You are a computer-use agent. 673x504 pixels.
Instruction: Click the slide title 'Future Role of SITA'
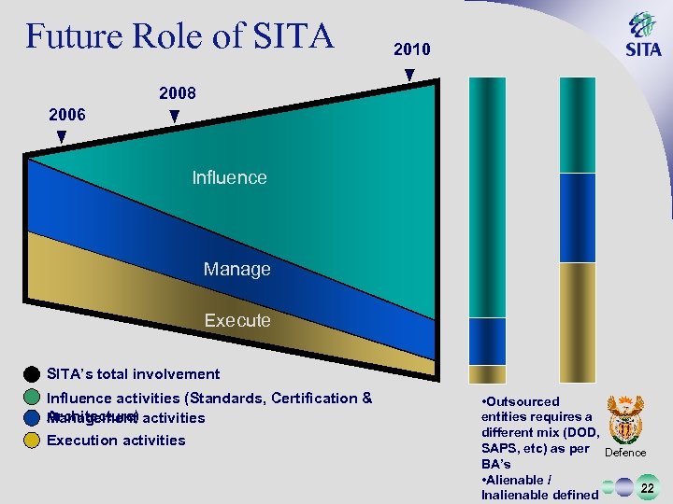[x=179, y=36]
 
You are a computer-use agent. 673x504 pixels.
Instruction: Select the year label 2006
[x=67, y=115]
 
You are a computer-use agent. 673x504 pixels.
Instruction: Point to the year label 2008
[x=178, y=94]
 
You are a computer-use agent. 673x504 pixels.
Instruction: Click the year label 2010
[x=411, y=49]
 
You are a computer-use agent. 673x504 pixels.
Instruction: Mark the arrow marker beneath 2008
[x=174, y=117]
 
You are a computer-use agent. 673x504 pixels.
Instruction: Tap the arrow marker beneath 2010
[x=409, y=75]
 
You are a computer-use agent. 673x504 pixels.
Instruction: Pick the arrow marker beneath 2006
[x=62, y=137]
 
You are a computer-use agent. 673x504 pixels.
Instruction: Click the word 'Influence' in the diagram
[x=229, y=177]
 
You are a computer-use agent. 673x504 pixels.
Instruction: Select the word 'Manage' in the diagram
[x=236, y=269]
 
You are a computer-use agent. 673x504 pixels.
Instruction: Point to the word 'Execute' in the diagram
[x=237, y=320]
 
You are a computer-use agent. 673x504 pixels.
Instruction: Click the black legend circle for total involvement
[x=32, y=374]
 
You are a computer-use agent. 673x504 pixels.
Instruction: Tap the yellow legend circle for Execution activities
[x=32, y=441]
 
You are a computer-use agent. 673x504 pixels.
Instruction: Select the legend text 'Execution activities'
[x=116, y=441]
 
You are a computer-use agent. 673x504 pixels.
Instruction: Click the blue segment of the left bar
[x=487, y=341]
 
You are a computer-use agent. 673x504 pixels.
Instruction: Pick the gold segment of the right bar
[x=577, y=317]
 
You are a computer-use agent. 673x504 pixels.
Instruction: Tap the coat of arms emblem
[x=625, y=418]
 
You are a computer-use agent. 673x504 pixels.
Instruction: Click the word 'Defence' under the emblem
[x=626, y=453]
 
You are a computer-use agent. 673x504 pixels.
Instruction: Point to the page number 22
[x=646, y=485]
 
